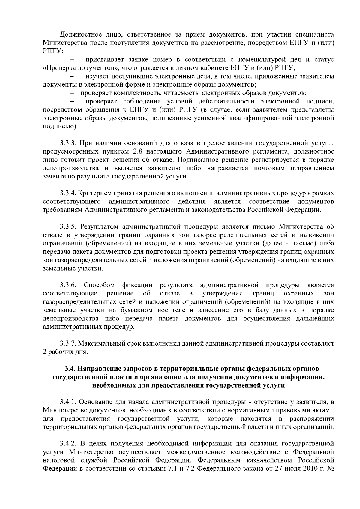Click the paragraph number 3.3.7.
68,343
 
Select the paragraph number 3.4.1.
68,402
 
